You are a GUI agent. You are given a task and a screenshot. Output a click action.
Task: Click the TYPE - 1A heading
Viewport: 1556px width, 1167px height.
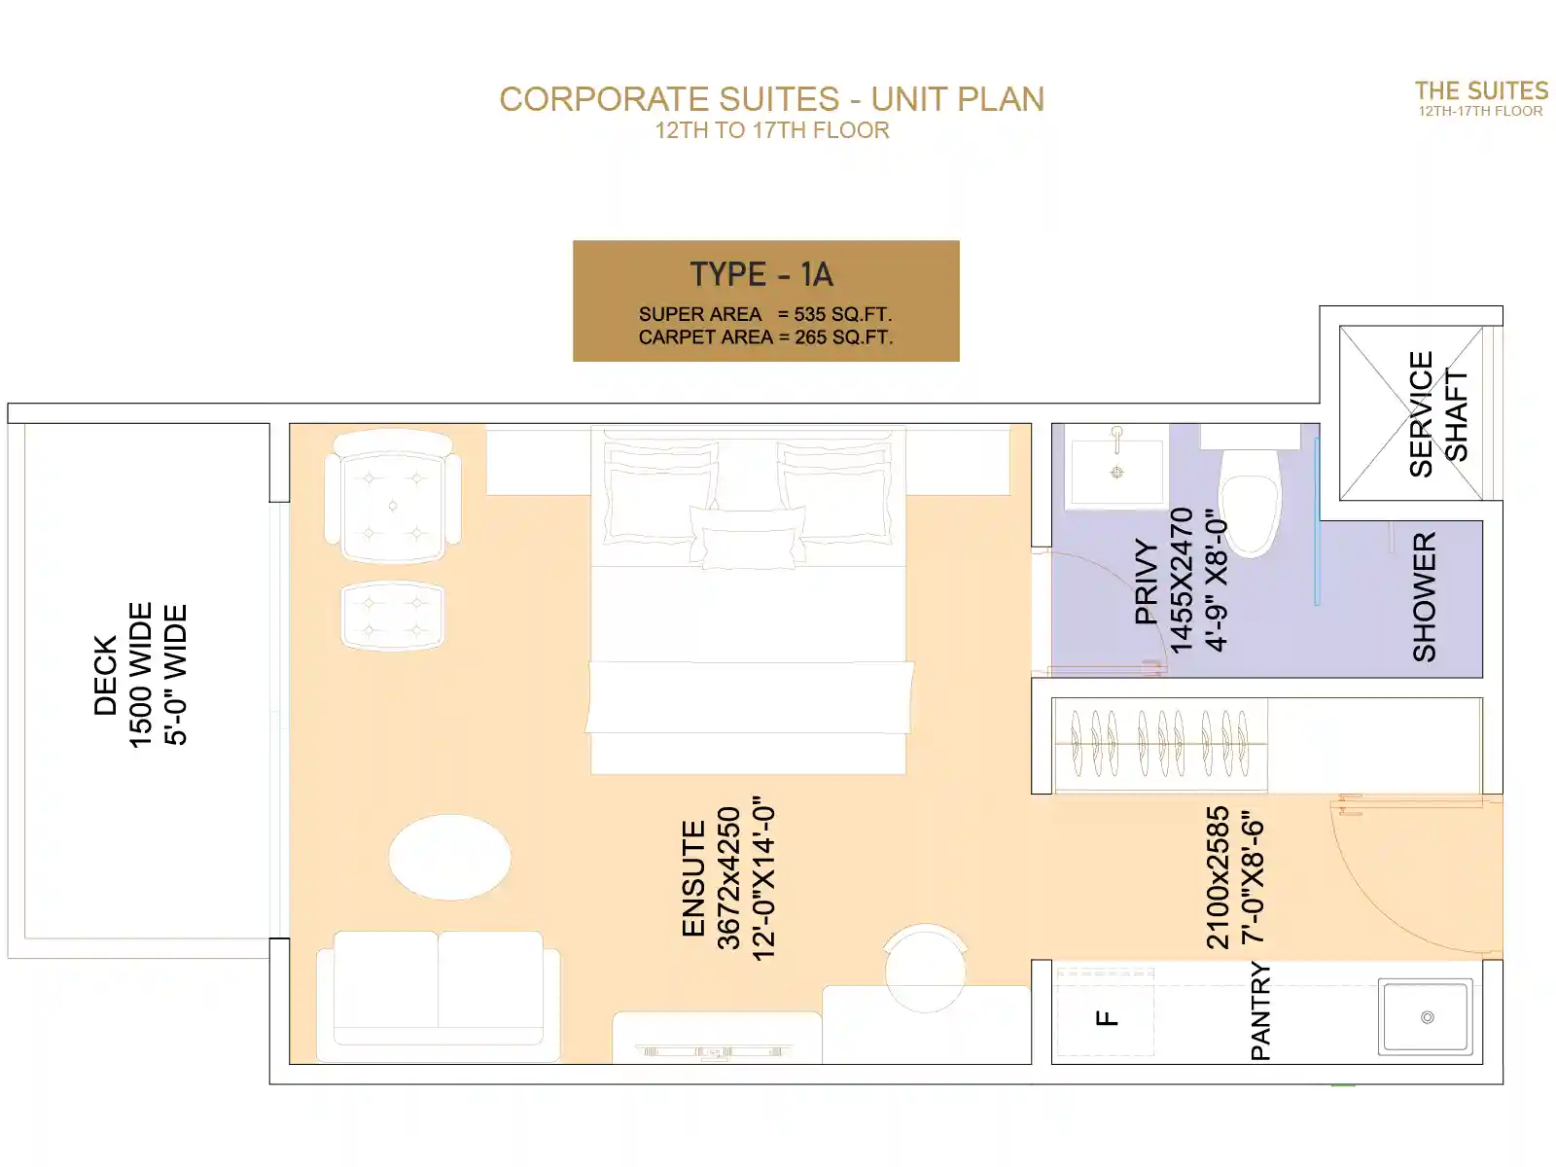[762, 274]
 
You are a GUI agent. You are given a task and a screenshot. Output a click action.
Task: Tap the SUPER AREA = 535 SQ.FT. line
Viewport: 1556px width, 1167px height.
[765, 314]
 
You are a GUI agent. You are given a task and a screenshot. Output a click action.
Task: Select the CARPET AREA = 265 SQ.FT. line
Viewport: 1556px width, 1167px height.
[765, 337]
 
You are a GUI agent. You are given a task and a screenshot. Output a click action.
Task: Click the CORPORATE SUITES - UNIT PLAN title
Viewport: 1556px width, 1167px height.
[772, 99]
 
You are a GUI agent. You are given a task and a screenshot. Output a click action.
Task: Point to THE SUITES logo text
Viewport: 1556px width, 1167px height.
[1481, 90]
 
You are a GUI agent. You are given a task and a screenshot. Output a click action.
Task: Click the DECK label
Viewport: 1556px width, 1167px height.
[106, 675]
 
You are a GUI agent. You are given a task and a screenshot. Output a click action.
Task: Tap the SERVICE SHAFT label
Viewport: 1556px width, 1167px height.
[1437, 414]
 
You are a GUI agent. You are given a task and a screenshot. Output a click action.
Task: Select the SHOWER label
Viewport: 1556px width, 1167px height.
[1424, 596]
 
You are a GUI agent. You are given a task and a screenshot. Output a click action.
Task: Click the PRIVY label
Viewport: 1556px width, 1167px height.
[1147, 581]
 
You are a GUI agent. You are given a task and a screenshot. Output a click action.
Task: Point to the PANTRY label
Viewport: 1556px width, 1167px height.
[1260, 1010]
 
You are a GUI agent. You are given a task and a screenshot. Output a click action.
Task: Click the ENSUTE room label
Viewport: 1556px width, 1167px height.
[693, 878]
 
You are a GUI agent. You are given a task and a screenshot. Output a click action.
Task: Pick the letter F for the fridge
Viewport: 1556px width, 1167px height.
[1107, 1018]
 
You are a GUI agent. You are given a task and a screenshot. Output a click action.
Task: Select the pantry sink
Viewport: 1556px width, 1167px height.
[1426, 1017]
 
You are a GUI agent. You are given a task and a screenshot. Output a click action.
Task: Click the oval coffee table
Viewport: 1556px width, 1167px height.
[449, 858]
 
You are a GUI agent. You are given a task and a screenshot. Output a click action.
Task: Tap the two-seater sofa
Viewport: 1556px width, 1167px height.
[438, 996]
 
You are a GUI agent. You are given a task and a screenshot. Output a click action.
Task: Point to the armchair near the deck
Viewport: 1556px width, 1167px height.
[393, 497]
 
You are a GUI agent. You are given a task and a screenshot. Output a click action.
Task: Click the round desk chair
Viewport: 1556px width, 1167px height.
[925, 968]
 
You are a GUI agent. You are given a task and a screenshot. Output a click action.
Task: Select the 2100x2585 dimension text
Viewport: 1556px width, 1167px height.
[1218, 877]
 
